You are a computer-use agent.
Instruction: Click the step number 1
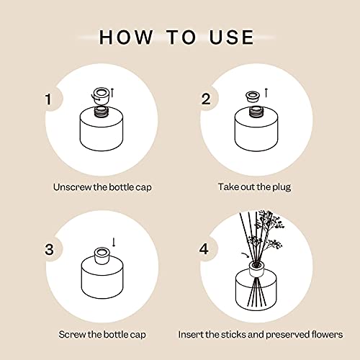point(48,99)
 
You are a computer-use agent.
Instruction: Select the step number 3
point(48,250)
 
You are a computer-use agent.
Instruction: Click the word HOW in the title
point(124,37)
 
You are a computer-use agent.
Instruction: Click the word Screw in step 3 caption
point(72,335)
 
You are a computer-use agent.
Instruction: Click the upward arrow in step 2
point(266,91)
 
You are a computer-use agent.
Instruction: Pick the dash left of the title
point(85,37)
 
